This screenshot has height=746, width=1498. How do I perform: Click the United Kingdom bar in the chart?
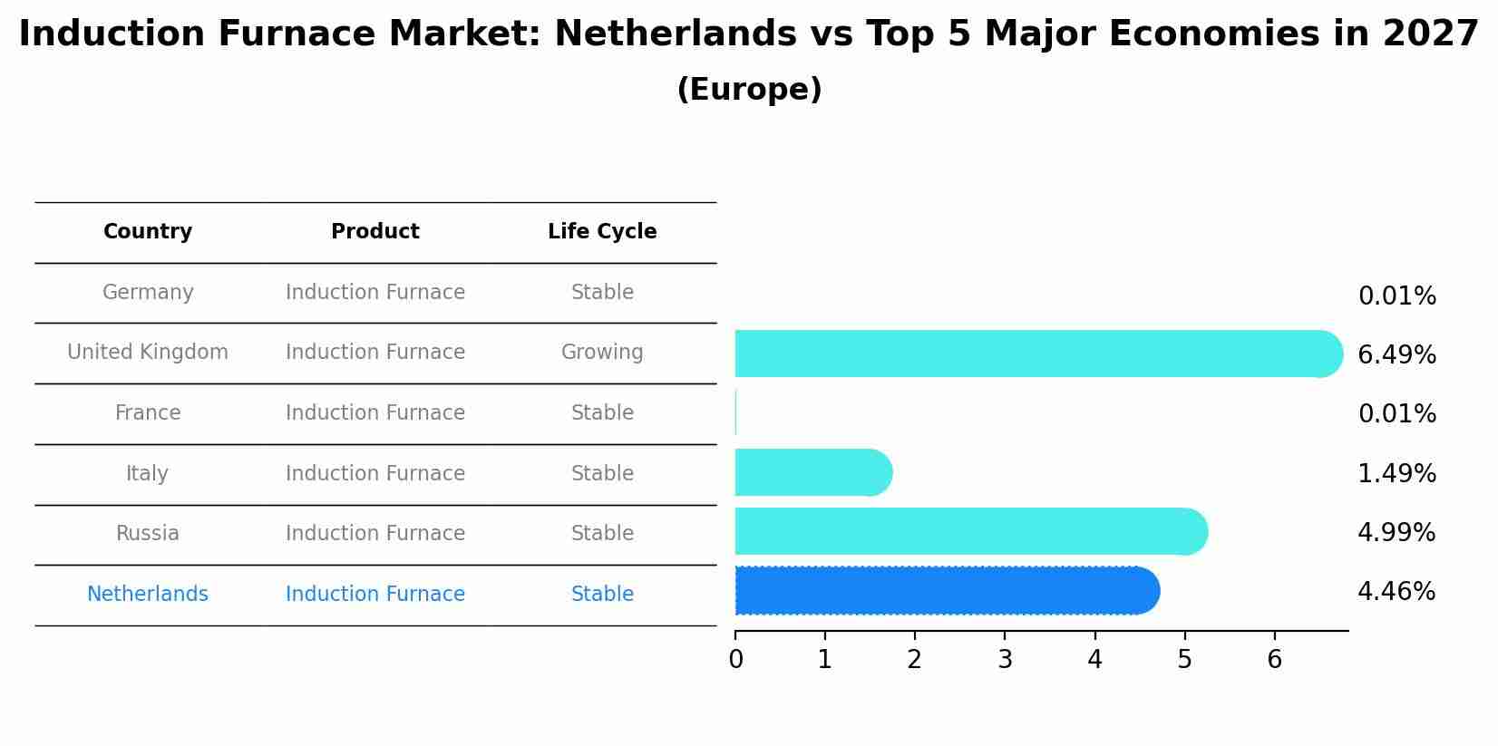(x=1034, y=354)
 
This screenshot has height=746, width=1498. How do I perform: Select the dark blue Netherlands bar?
(x=943, y=591)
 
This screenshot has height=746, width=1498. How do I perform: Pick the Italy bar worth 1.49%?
(x=812, y=472)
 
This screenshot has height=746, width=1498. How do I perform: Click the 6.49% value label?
(x=1396, y=355)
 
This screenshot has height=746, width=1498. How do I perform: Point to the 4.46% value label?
(x=1396, y=592)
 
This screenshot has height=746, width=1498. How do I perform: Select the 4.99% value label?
(x=1396, y=533)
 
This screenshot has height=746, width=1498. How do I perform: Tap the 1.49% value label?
(x=1396, y=474)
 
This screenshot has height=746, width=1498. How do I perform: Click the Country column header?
(x=148, y=232)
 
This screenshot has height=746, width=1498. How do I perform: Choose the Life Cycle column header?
(x=602, y=232)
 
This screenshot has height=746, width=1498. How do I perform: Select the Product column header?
(x=375, y=232)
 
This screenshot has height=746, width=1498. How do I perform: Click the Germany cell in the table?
(x=148, y=293)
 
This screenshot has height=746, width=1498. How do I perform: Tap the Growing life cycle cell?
(x=602, y=353)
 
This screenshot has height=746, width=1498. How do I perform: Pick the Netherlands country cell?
(x=148, y=595)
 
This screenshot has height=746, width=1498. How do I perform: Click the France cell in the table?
(x=148, y=413)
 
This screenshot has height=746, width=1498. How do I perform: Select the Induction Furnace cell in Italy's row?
(x=375, y=474)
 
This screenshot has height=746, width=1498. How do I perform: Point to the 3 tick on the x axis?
(x=1005, y=660)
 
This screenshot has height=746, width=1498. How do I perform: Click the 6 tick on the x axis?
(x=1274, y=660)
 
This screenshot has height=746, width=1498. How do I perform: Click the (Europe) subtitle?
(x=749, y=90)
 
